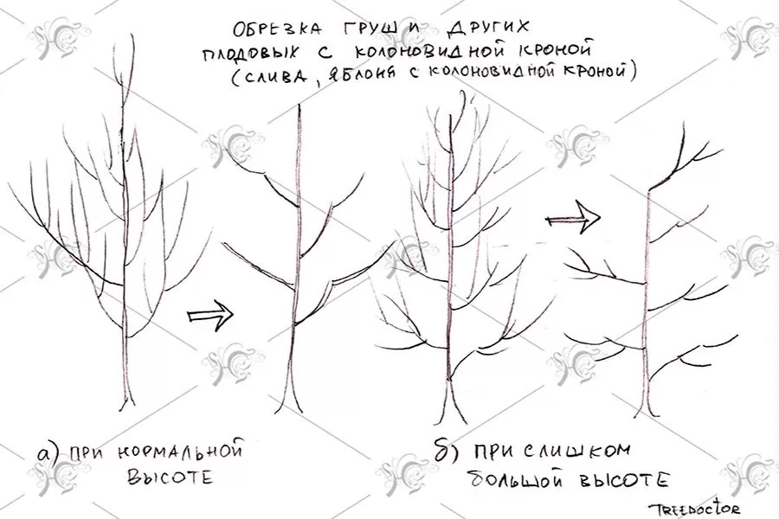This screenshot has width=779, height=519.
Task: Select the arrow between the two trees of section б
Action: click(x=574, y=217)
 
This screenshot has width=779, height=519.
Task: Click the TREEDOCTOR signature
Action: click(x=696, y=508)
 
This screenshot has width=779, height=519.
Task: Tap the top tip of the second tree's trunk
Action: click(x=299, y=106)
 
